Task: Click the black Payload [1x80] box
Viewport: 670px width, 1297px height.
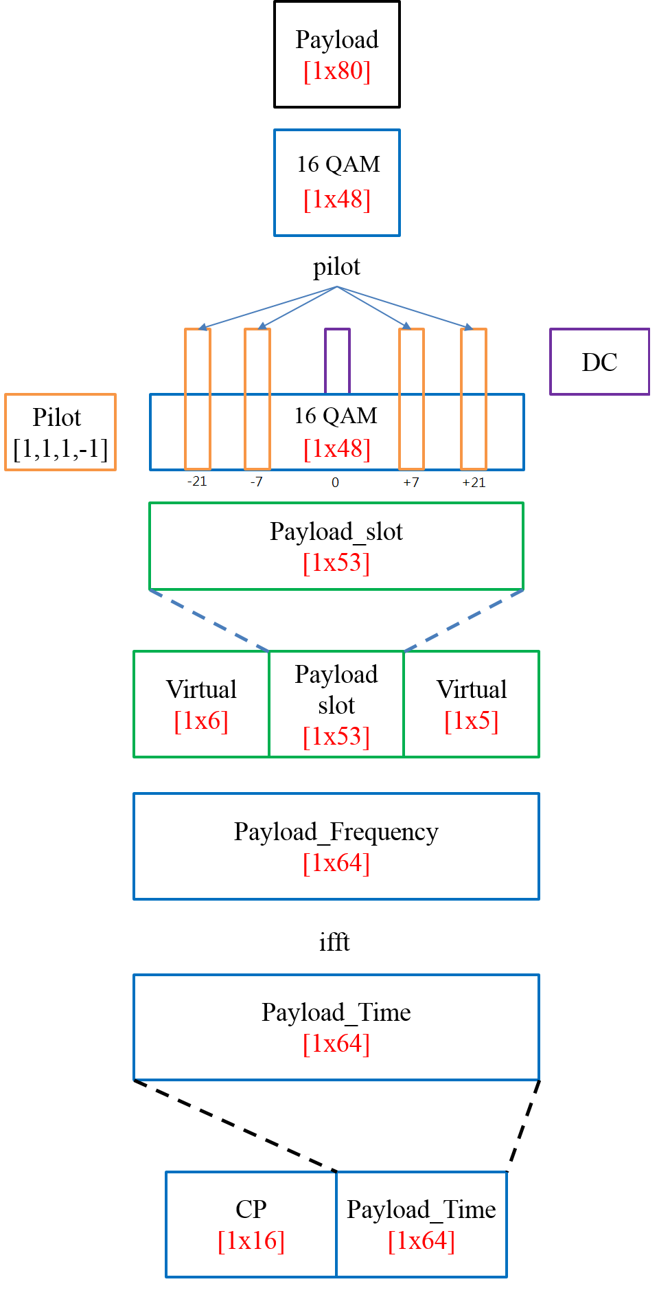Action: [336, 54]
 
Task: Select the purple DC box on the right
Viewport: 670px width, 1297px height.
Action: [599, 361]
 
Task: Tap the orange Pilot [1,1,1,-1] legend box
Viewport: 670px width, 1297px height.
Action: [60, 432]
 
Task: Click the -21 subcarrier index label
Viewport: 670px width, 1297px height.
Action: [197, 482]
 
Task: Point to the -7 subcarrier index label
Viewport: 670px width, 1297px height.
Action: [257, 482]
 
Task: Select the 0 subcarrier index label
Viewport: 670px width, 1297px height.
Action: [335, 482]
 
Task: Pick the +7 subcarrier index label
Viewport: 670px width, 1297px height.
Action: [411, 482]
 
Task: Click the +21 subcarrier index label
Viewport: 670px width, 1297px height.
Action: [474, 482]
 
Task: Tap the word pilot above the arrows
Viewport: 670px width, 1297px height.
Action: [336, 267]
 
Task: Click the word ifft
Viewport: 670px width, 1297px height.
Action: [334, 942]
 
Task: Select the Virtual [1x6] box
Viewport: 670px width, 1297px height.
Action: [201, 704]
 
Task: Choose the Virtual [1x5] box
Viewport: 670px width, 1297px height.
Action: [472, 704]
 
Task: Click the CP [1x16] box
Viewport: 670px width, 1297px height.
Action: [251, 1224]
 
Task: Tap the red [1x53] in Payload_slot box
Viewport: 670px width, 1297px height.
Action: [336, 563]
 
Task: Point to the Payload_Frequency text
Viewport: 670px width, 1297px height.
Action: [336, 831]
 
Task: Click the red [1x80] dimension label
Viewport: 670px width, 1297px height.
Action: [336, 71]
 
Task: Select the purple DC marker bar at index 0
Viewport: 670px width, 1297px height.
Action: [337, 360]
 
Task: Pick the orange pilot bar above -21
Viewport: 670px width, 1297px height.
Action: [198, 398]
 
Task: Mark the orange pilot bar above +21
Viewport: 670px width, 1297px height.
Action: [474, 398]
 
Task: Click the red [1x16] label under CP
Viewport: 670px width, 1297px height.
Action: [251, 1241]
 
